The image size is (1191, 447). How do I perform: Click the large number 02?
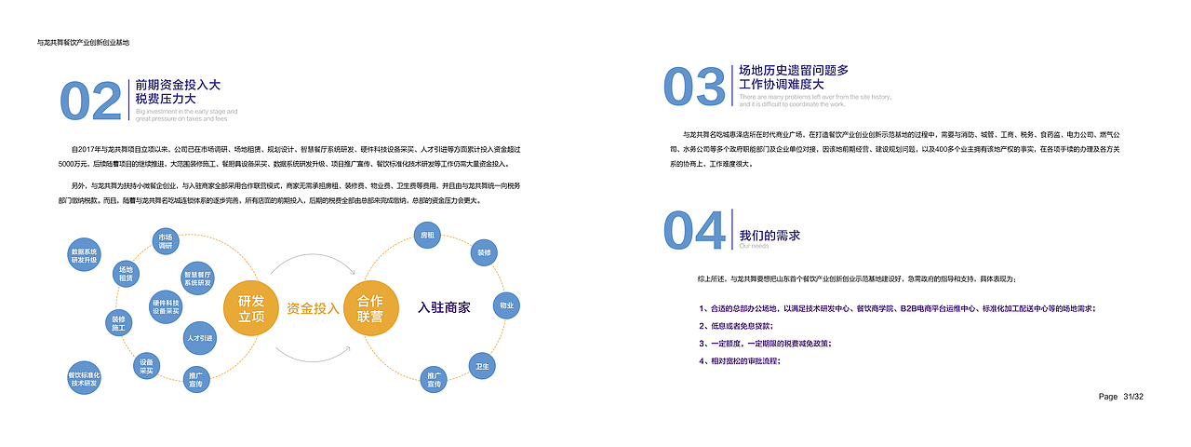pyautogui.click(x=89, y=101)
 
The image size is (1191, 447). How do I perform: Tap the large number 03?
pyautogui.click(x=693, y=88)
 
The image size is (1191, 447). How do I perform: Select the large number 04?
pyautogui.click(x=693, y=230)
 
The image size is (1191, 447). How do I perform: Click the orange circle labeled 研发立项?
pyautogui.click(x=251, y=308)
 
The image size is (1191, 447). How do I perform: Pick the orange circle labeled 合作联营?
pyautogui.click(x=364, y=308)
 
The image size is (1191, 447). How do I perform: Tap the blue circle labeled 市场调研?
pyautogui.click(x=166, y=242)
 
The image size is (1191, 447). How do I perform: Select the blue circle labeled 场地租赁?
pyautogui.click(x=125, y=274)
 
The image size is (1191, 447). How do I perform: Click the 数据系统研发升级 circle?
pyautogui.click(x=84, y=254)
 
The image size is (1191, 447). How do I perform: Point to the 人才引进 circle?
pyautogui.click(x=200, y=338)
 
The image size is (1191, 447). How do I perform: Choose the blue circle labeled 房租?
pyautogui.click(x=427, y=236)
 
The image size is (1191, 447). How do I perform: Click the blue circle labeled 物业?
pyautogui.click(x=506, y=305)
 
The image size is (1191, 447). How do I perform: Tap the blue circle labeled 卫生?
pyautogui.click(x=482, y=367)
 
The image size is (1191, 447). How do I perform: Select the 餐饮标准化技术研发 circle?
pyautogui.click(x=84, y=378)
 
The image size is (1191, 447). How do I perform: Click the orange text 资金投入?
pyautogui.click(x=312, y=308)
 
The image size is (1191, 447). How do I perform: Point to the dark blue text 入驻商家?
pyautogui.click(x=443, y=306)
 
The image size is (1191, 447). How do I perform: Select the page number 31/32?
pyautogui.click(x=1132, y=397)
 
